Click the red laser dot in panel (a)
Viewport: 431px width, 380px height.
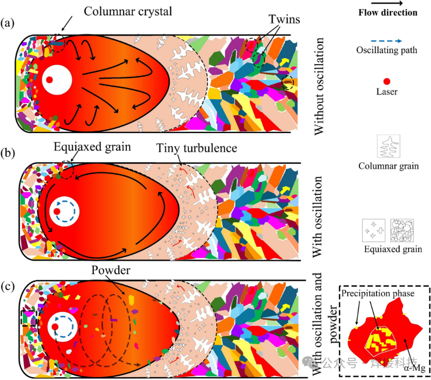pyautogui.click(x=49, y=80)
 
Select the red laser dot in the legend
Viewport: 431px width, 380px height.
pyautogui.click(x=386, y=81)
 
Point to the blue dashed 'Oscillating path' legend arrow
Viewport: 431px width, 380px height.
pyautogui.click(x=386, y=41)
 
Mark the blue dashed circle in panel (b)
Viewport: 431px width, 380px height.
pyautogui.click(x=63, y=211)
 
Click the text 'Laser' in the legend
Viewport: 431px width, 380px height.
pyautogui.click(x=386, y=92)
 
